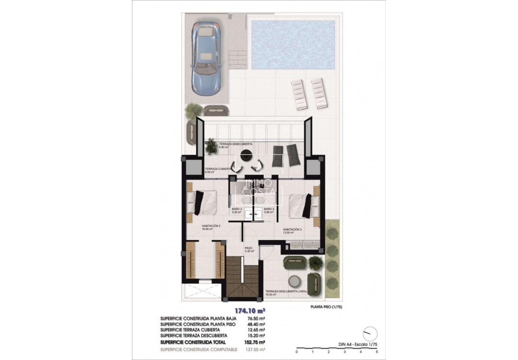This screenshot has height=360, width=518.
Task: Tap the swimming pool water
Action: point(293,44)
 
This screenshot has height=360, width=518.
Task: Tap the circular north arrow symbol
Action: point(370,333)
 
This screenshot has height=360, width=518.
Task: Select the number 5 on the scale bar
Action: point(377,351)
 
